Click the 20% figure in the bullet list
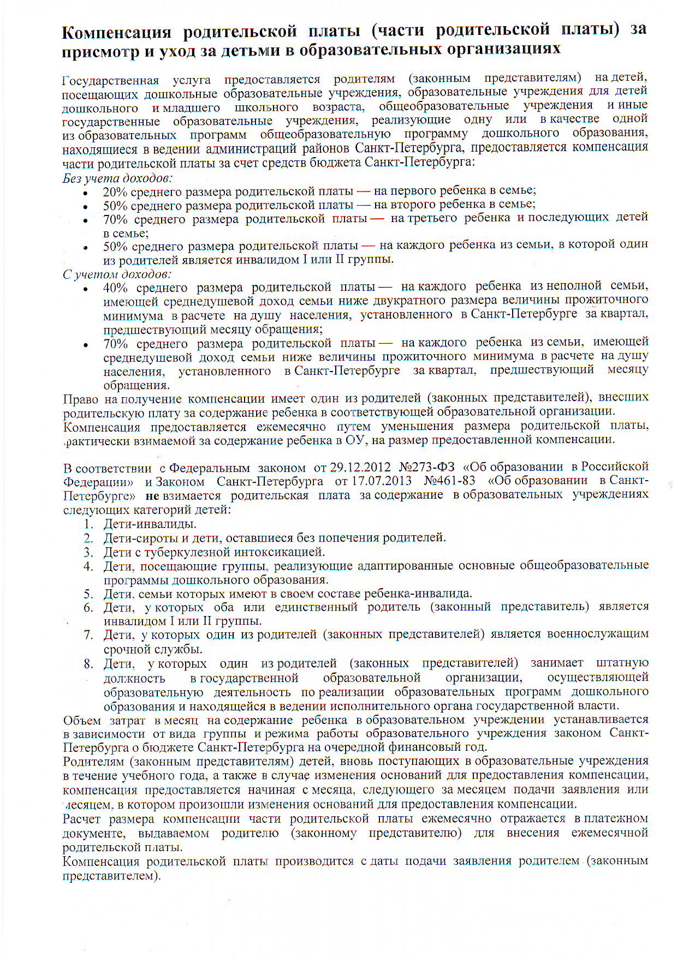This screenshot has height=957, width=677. click(115, 192)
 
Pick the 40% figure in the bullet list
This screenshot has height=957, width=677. click(115, 288)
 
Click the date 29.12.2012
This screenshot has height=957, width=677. click(360, 468)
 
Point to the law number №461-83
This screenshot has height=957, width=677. click(449, 481)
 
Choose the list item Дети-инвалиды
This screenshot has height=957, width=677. click(150, 524)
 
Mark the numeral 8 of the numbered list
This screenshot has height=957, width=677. click(88, 664)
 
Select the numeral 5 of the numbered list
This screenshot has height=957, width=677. click(88, 594)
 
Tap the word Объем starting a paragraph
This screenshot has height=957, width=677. click(82, 720)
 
